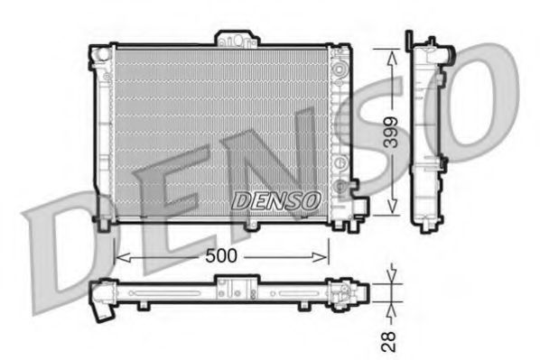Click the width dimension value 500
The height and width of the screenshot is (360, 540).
click(220, 255)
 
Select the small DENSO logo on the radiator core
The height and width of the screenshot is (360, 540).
click(275, 199)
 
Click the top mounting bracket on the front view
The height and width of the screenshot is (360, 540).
click(235, 39)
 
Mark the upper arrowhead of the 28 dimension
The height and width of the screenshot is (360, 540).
click(391, 275)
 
